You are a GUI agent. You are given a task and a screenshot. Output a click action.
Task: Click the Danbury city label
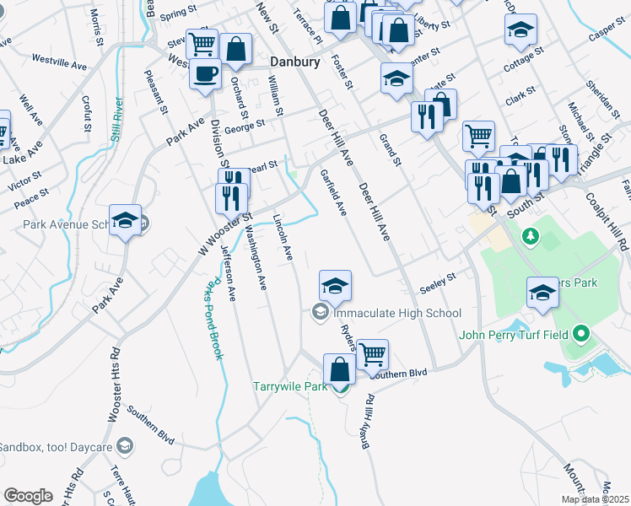pyautogui.click(x=295, y=62)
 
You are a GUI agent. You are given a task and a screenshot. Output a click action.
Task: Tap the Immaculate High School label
pyautogui.click(x=397, y=313)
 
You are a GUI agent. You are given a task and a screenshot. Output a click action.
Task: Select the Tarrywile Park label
pyautogui.click(x=289, y=388)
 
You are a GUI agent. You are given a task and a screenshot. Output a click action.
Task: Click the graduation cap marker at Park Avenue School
pyautogui.click(x=126, y=221)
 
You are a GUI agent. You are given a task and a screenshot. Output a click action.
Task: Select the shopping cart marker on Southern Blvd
pyautogui.click(x=372, y=353)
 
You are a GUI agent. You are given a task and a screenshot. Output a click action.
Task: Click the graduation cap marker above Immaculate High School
pyautogui.click(x=335, y=285)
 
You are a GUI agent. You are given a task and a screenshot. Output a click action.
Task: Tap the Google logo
pyautogui.click(x=28, y=496)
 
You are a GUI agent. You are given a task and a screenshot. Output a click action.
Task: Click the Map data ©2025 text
pyautogui.click(x=595, y=499)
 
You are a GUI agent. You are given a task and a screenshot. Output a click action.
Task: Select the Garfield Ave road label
pyautogui.click(x=333, y=193)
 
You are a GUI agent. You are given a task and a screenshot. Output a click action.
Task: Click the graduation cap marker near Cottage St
pyautogui.click(x=520, y=30)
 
